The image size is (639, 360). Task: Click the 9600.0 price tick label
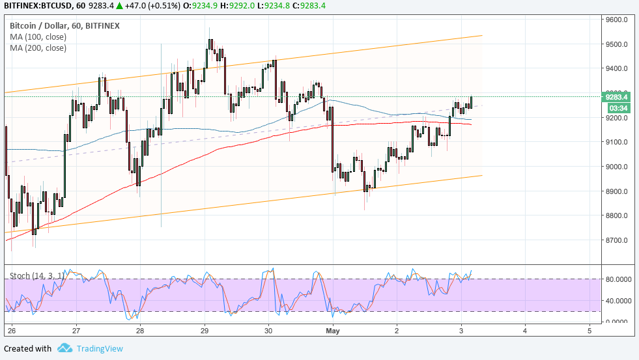click(616, 20)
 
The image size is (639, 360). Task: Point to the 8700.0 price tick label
click(616, 240)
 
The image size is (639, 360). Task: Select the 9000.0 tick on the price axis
click(616, 167)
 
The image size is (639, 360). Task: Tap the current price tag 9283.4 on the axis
click(616, 97)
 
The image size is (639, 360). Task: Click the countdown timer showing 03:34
click(616, 107)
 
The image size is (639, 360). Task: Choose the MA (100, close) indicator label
click(38, 37)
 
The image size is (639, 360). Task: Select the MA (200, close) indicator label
click(38, 48)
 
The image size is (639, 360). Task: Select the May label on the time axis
click(333, 331)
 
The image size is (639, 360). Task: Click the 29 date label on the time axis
click(205, 331)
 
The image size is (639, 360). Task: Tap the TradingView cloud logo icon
click(64, 348)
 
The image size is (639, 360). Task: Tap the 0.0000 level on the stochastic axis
click(616, 322)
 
